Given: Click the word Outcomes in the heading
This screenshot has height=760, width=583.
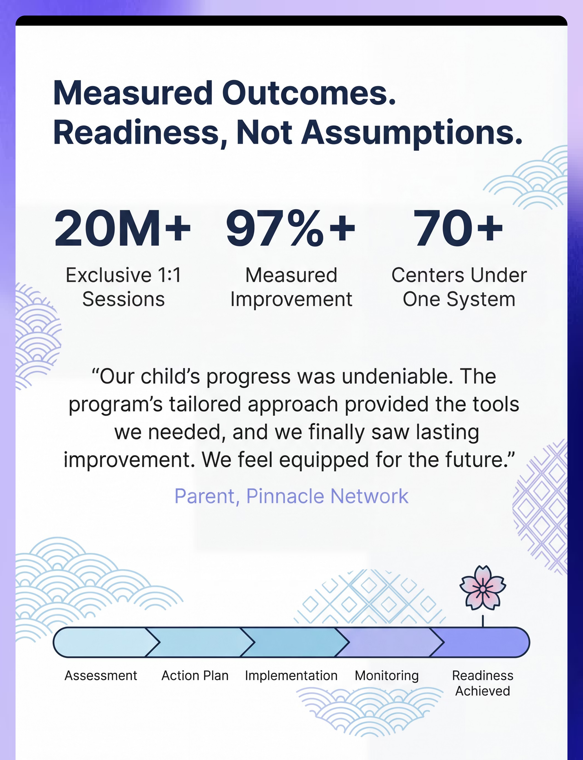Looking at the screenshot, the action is pyautogui.click(x=309, y=93).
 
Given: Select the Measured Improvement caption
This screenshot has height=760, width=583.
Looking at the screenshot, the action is pyautogui.click(x=291, y=287).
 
